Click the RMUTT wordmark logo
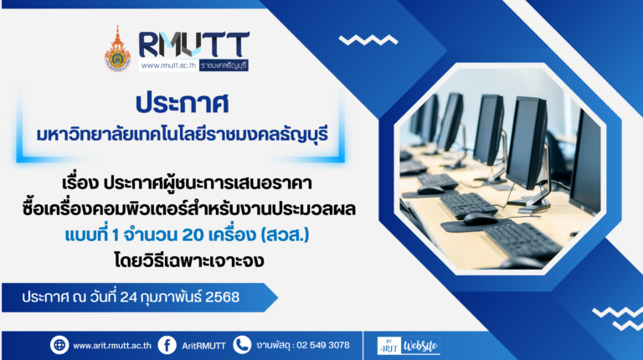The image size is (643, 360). [x=193, y=44]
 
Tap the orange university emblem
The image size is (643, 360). [x=118, y=49]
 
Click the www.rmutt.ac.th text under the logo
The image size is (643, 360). [x=168, y=65]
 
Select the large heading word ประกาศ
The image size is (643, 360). [x=182, y=103]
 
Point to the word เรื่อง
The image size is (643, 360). [x=80, y=183]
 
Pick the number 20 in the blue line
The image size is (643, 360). [x=193, y=235]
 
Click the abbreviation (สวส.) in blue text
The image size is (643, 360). [x=285, y=235]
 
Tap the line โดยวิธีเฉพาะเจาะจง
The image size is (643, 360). [x=189, y=261]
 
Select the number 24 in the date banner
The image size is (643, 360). [x=128, y=297]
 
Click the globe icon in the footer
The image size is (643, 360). [x=59, y=345]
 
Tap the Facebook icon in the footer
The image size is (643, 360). [x=167, y=345]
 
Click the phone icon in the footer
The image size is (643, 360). [x=242, y=345]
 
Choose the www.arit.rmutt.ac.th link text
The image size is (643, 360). [x=112, y=346]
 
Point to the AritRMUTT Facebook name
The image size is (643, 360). [x=203, y=346]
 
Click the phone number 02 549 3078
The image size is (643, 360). [x=322, y=345]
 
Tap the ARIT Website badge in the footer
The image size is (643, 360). [x=409, y=346]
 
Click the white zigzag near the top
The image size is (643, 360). [x=368, y=40]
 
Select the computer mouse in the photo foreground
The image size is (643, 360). [x=481, y=219]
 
